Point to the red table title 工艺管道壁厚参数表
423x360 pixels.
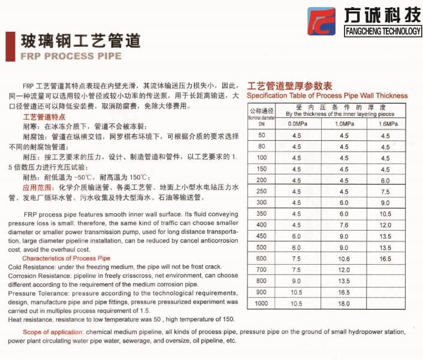tap(289, 85)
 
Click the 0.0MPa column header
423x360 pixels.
tap(297, 123)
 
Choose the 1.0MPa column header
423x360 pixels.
tap(343, 123)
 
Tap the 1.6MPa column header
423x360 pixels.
tap(385, 123)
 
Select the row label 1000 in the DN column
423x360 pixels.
tap(261, 304)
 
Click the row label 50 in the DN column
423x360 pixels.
tap(261, 136)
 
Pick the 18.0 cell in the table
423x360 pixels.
tap(343, 304)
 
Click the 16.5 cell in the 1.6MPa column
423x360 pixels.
tap(385, 259)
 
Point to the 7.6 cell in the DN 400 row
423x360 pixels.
tap(343, 225)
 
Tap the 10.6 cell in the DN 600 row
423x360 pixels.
tap(343, 259)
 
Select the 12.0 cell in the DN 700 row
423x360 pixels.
tap(343, 270)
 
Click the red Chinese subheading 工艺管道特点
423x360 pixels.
tap(44, 117)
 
